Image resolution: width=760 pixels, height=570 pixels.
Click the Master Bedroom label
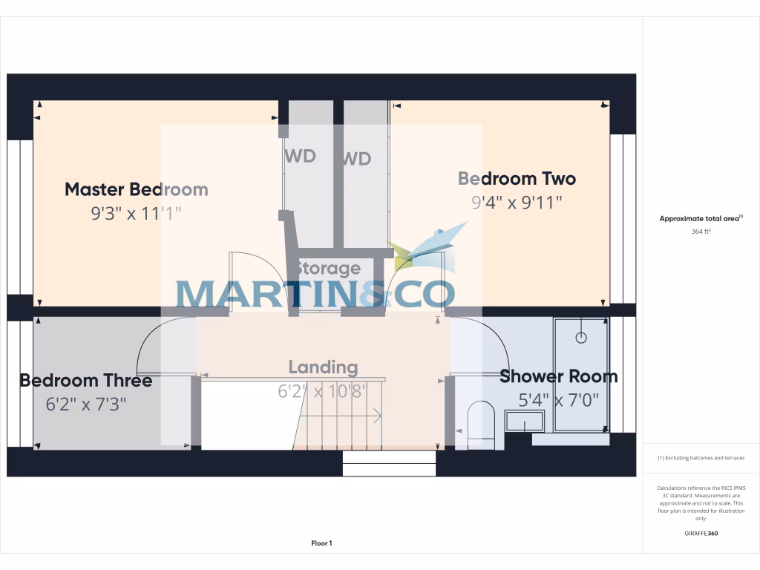click(136, 189)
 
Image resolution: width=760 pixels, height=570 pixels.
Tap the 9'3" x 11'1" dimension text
click(136, 214)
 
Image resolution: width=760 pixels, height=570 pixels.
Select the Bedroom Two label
click(517, 179)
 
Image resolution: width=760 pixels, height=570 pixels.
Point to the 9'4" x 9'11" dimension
click(517, 202)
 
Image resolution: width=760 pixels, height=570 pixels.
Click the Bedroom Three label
click(85, 381)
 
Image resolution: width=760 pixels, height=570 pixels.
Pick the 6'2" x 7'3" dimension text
click(85, 404)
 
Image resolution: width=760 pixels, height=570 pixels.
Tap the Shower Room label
click(558, 376)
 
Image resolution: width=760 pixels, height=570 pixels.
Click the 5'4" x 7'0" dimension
click(558, 400)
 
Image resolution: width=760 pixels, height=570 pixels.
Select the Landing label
click(323, 367)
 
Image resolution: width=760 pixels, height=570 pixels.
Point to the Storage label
click(328, 268)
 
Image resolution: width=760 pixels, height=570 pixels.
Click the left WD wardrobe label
click(300, 156)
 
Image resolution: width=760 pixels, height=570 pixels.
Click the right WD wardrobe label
click(356, 159)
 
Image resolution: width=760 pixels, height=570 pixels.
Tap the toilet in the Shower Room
click(481, 425)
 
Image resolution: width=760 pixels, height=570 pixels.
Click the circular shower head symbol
click(581, 338)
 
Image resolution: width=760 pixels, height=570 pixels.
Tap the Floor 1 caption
click(321, 543)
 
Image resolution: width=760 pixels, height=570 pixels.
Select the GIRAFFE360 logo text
click(701, 533)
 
